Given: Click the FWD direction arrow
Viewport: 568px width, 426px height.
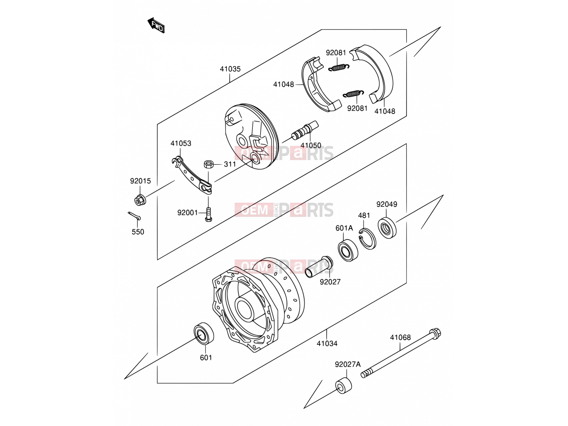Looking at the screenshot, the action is [x=156, y=25].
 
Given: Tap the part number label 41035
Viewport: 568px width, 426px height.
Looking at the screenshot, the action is [x=230, y=69].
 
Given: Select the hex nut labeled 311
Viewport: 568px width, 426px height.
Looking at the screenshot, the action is [x=208, y=164].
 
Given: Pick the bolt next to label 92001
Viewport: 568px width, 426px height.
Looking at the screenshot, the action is [x=208, y=214].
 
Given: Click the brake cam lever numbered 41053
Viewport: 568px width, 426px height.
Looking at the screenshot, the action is [x=192, y=175].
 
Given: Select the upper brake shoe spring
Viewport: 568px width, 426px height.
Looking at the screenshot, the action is [x=339, y=67].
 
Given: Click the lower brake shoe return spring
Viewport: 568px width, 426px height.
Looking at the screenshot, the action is [x=353, y=94].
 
